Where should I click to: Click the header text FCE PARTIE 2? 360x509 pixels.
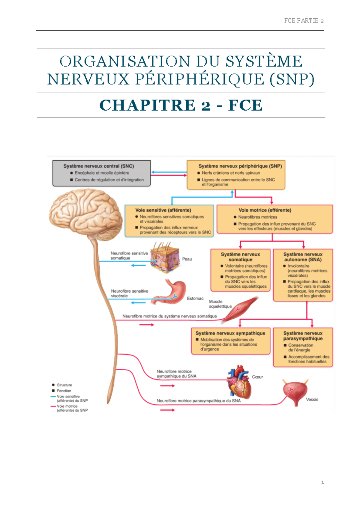pyautogui.click(x=304, y=21)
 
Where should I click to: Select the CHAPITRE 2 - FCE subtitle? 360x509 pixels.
pyautogui.click(x=181, y=105)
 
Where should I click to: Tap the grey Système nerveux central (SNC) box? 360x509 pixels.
pyautogui.click(x=101, y=173)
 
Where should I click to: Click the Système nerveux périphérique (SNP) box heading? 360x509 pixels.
pyautogui.click(x=240, y=166)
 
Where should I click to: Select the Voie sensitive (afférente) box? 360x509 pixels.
pyautogui.click(x=169, y=221)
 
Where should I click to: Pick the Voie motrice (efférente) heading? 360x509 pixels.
pyautogui.click(x=265, y=210)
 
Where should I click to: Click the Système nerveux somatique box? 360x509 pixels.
pyautogui.click(x=240, y=270)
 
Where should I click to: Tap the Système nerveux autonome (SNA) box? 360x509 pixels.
pyautogui.click(x=303, y=275)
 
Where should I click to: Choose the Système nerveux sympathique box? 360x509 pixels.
pyautogui.click(x=230, y=341)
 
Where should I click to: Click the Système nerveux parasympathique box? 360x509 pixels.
pyautogui.click(x=303, y=347)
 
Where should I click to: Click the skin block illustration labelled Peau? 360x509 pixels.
pyautogui.click(x=165, y=257)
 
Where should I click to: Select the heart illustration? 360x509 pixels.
pyautogui.click(x=239, y=382)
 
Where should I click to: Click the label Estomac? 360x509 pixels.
pyautogui.click(x=195, y=299)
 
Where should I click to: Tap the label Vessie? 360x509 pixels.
pyautogui.click(x=312, y=400)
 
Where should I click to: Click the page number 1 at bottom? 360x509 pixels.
pyautogui.click(x=322, y=482)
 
